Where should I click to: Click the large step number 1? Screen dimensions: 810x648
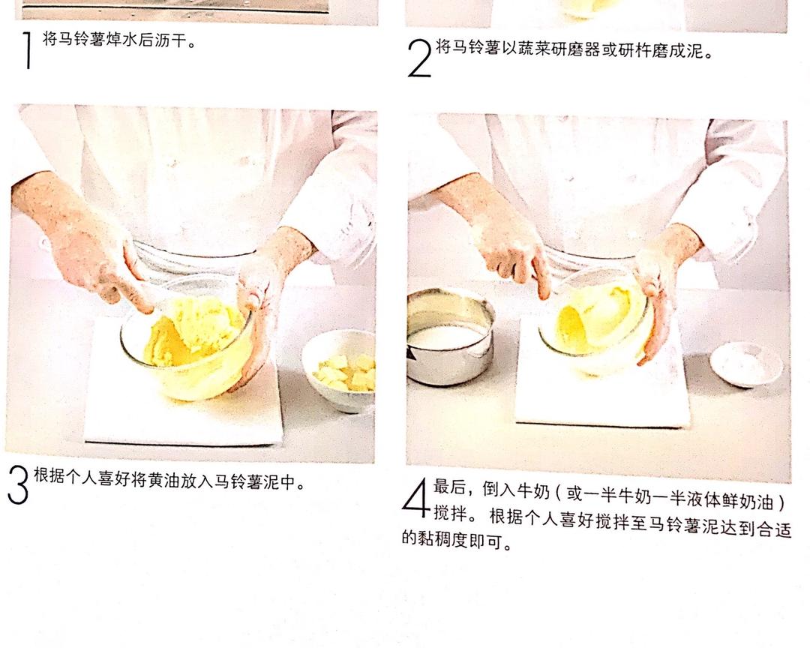[28, 49]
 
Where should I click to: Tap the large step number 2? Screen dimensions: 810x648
[419, 59]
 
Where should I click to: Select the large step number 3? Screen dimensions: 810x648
[19, 484]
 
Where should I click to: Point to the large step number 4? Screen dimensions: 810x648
[416, 498]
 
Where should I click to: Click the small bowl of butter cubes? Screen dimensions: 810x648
[340, 369]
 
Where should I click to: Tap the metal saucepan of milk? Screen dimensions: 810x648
[450, 337]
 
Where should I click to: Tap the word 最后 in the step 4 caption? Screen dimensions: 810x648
[448, 487]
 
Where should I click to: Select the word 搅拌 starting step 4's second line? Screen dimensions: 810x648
[450, 513]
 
